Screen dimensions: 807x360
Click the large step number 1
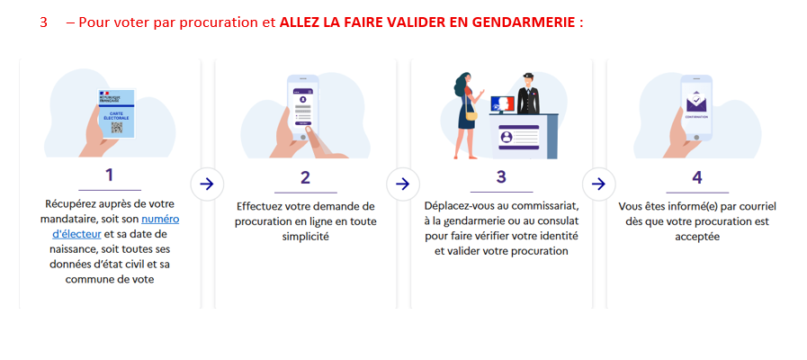[x=109, y=175]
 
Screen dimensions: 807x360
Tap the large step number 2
[x=305, y=177]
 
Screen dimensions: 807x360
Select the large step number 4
[x=697, y=177]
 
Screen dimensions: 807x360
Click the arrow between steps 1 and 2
[x=206, y=184]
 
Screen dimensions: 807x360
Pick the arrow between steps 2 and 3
[x=402, y=184]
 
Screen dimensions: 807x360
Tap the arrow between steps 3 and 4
[x=598, y=184]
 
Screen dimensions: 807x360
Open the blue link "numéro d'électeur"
[x=116, y=226]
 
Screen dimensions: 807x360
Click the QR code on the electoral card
[x=117, y=127]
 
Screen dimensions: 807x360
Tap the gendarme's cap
[x=528, y=76]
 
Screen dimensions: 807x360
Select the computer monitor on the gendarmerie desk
[x=502, y=103]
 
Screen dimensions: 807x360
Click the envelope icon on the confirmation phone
[x=696, y=102]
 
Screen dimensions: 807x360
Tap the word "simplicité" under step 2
[x=306, y=237]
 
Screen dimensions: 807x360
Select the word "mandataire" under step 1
[x=66, y=219]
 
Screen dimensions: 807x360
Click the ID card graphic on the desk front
[x=518, y=137]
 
